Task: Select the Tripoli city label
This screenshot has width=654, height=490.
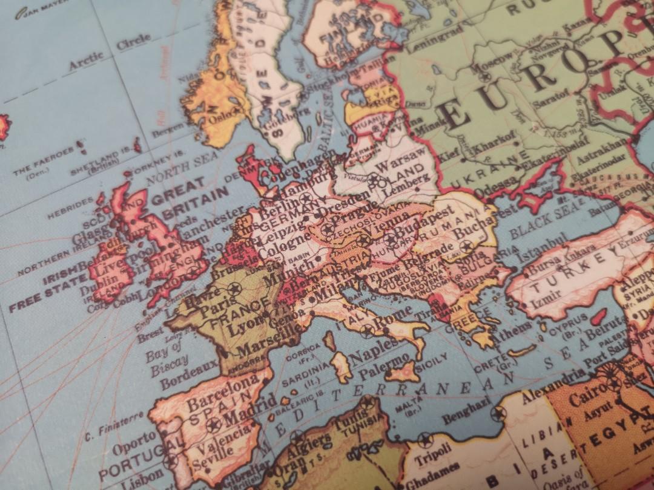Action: point(433,454)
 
